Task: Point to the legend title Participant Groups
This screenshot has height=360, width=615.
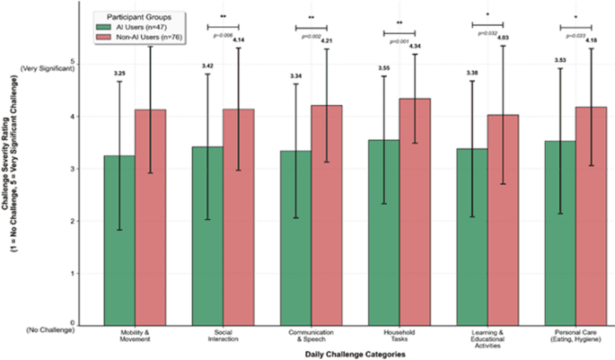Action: coord(144,16)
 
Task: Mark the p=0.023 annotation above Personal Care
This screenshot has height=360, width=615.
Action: coord(575,35)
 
